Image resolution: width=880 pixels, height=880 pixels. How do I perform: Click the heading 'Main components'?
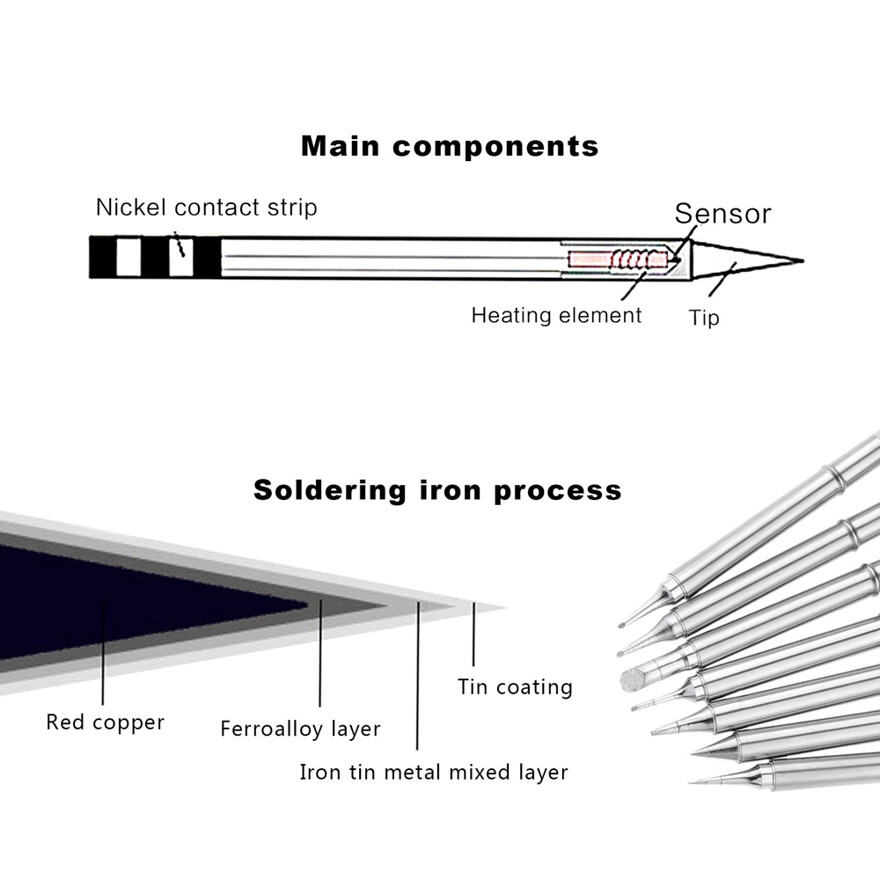point(450,145)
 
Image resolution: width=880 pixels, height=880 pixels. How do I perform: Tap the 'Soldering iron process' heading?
point(437,489)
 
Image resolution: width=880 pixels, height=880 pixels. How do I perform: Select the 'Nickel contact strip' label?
point(206,208)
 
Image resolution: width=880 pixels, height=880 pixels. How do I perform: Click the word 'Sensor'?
point(722,214)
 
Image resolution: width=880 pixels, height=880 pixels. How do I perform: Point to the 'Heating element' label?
point(556,315)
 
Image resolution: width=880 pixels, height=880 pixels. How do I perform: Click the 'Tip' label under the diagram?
point(703,318)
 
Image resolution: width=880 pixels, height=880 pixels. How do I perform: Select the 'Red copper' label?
point(105,722)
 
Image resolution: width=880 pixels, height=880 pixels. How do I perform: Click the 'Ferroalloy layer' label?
point(300,729)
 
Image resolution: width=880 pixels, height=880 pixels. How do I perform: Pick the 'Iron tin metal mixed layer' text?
point(434,773)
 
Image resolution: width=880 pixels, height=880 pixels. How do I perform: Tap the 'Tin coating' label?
point(515,686)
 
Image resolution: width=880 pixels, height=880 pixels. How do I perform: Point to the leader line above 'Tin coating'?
point(473,635)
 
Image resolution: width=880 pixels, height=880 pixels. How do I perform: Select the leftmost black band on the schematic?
point(103,258)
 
